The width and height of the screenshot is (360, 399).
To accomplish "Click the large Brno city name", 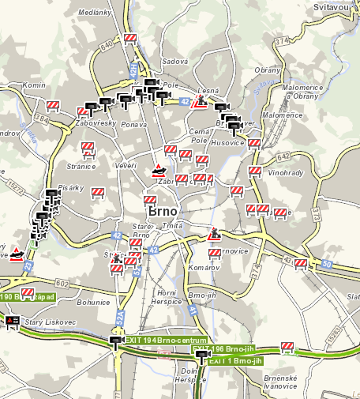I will point(162,212).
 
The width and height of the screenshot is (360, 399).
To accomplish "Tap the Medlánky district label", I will point(93,12).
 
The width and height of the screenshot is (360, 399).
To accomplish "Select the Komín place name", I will point(34,85).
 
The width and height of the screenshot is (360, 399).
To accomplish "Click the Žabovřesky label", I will point(96,123).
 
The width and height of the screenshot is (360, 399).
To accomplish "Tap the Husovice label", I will point(229,143).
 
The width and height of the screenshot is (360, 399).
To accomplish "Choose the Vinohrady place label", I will point(285,171).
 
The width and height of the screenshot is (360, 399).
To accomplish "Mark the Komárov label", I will point(203,268).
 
